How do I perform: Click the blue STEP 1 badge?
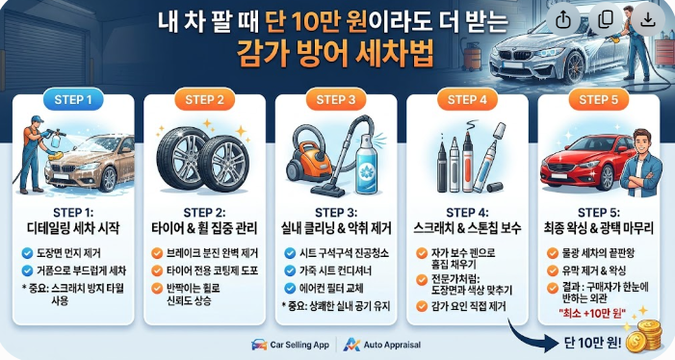click(x=73, y=100)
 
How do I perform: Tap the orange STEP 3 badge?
click(x=336, y=100)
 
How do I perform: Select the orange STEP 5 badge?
click(x=598, y=100)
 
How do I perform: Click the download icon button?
click(x=647, y=19)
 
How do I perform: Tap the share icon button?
click(x=563, y=19)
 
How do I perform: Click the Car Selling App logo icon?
click(x=259, y=345)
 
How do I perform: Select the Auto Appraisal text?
click(x=392, y=345)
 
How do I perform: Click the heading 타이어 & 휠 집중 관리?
click(x=204, y=228)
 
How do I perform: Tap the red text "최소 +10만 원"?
click(x=592, y=313)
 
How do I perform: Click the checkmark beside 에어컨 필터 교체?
click(x=290, y=288)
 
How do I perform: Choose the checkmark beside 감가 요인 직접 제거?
click(x=422, y=306)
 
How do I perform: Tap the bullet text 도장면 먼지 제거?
click(x=69, y=253)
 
